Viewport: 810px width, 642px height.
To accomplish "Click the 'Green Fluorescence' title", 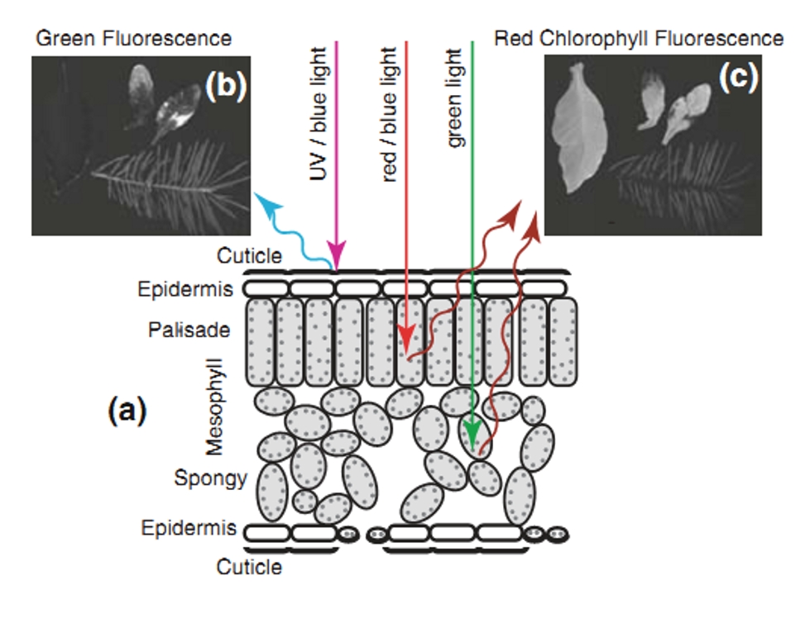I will click(132, 38).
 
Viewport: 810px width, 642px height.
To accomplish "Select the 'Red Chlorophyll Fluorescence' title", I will click(639, 38).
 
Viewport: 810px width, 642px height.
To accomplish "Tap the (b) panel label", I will click(224, 87).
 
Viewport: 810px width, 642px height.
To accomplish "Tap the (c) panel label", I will click(737, 76).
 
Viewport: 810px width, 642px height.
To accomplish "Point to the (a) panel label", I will click(127, 410).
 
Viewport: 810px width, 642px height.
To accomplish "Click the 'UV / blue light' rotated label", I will click(319, 116).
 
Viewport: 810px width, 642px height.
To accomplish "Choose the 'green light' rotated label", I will click(455, 102).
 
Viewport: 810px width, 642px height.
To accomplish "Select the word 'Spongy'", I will click(210, 478).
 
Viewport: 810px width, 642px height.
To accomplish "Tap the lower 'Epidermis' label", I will click(189, 528).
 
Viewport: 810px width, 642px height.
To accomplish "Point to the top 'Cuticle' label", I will click(249, 256).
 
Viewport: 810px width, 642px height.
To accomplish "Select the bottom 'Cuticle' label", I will click(249, 567).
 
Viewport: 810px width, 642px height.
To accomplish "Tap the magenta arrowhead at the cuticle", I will click(336, 250).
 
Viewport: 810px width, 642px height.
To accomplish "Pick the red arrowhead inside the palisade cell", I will click(405, 339).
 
